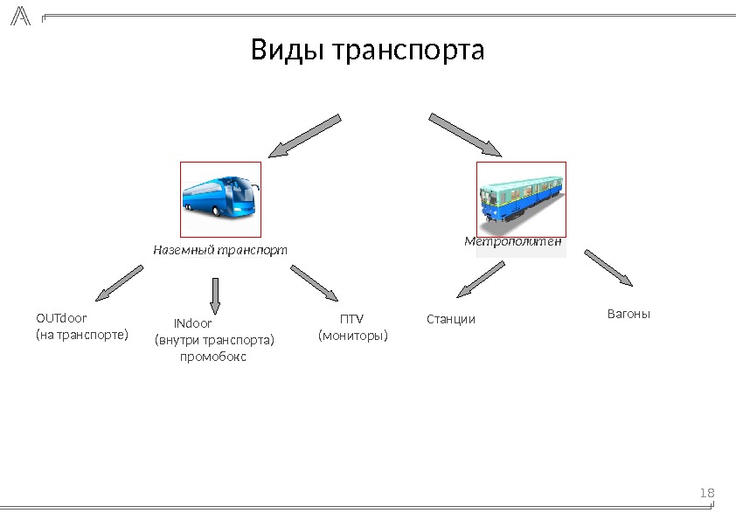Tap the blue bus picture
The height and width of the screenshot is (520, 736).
click(220, 199)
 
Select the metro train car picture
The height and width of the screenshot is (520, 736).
click(521, 198)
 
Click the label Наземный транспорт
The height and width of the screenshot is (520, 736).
click(219, 250)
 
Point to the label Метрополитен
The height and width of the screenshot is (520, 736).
click(512, 241)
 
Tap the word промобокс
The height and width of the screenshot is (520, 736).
click(212, 357)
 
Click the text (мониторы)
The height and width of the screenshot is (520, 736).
click(352, 335)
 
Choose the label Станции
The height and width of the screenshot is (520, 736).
click(451, 319)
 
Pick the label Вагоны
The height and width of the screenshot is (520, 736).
click(628, 313)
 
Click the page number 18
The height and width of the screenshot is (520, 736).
click(707, 494)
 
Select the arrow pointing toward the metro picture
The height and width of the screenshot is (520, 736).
click(464, 135)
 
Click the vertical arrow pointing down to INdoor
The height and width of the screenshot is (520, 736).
click(216, 295)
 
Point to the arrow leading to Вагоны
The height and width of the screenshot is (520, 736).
click(608, 268)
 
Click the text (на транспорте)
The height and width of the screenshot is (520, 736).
click(81, 335)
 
